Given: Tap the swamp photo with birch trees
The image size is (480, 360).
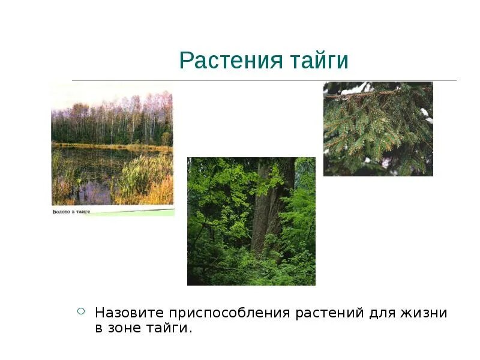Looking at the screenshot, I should (112, 144).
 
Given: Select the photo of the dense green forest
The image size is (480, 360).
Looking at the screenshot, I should (251, 221).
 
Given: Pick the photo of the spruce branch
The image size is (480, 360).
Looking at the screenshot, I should (378, 128).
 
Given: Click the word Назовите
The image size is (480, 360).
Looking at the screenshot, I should (129, 313).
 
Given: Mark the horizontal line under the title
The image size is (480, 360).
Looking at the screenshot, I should (264, 80).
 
